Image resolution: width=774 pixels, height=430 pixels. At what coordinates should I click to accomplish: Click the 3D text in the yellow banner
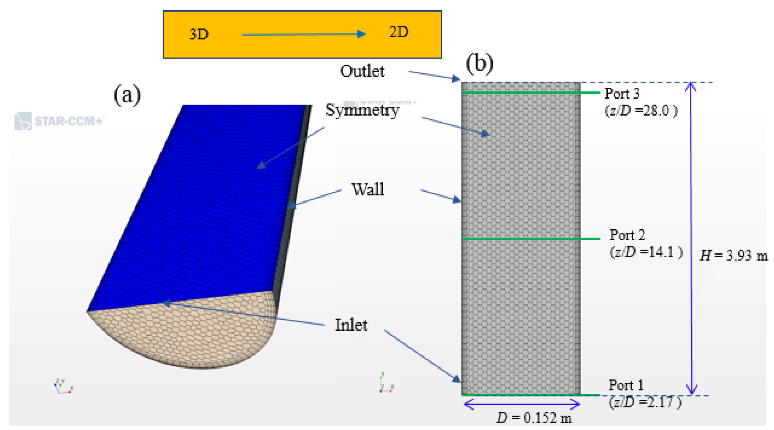[199, 34]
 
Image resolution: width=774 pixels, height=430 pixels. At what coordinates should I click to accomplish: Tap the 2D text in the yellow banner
[398, 32]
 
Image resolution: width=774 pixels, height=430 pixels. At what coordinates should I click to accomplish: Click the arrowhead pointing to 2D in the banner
[361, 34]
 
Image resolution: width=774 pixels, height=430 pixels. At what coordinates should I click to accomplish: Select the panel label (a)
[127, 95]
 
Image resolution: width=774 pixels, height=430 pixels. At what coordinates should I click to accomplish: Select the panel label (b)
[479, 64]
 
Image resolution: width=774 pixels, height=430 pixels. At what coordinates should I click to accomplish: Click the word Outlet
[362, 71]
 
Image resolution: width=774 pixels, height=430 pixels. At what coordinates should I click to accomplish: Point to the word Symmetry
[362, 110]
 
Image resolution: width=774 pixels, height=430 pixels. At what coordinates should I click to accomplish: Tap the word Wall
[368, 189]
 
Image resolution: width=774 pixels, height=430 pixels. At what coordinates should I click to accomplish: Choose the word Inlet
[351, 325]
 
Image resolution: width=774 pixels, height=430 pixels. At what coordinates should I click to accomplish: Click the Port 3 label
[621, 93]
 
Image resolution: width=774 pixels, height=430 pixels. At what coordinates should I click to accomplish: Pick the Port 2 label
[627, 235]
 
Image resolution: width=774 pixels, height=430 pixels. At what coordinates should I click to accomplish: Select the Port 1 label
[626, 385]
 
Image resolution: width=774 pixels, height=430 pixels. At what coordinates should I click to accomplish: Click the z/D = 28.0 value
[641, 111]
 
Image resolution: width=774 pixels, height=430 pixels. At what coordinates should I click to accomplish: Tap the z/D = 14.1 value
[646, 252]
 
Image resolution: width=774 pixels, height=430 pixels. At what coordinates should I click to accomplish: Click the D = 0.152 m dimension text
[534, 418]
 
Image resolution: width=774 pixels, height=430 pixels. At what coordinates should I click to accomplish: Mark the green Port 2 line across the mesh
[531, 239]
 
